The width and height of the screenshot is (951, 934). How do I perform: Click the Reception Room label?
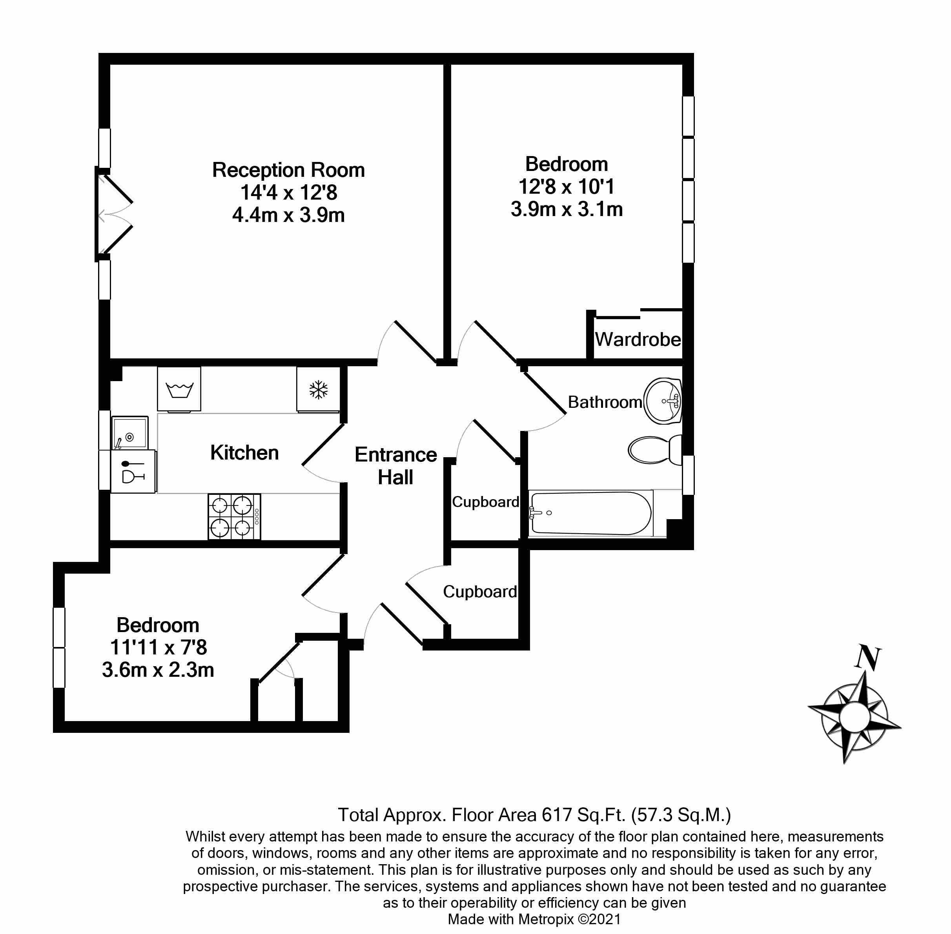click(288, 170)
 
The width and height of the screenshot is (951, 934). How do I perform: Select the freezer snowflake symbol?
click(319, 389)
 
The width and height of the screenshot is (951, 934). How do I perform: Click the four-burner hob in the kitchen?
click(235, 516)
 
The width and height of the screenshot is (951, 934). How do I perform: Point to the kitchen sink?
click(129, 432)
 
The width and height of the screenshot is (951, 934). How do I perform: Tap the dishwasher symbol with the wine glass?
click(133, 471)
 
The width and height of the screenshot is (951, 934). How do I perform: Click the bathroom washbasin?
click(663, 401)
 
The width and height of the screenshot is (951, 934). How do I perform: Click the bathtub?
click(591, 513)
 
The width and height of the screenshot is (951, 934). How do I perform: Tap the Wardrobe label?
click(638, 339)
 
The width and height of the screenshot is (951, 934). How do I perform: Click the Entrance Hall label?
click(395, 466)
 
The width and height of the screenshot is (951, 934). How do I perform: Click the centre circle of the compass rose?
click(854, 717)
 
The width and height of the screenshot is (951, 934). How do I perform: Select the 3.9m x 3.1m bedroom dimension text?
click(567, 209)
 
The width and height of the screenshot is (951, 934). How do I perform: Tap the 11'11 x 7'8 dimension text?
click(158, 647)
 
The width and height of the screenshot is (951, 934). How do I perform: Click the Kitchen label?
click(244, 452)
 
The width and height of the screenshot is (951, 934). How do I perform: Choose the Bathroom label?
click(605, 402)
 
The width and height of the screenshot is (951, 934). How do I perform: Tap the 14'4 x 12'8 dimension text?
click(288, 192)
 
